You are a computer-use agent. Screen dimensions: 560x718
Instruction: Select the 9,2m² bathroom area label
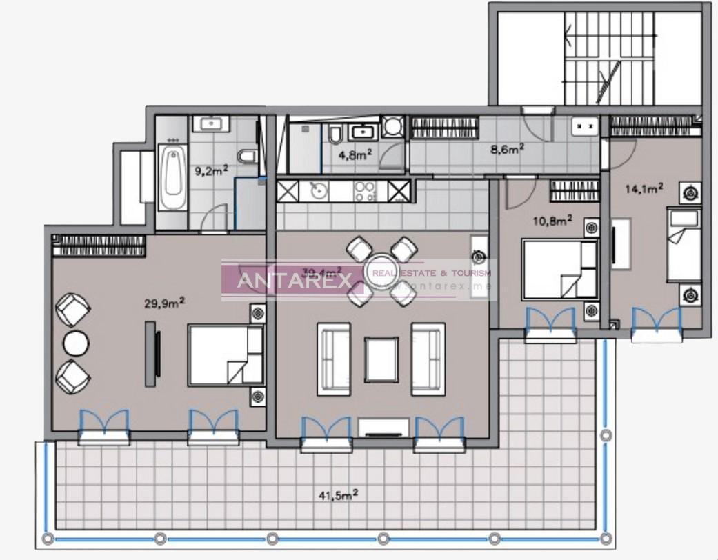211,170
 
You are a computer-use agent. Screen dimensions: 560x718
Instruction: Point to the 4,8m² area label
356,154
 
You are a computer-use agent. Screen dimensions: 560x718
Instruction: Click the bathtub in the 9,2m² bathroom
172,177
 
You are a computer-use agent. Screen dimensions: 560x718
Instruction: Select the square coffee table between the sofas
381,359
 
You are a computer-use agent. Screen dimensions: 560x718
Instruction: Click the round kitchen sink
319,191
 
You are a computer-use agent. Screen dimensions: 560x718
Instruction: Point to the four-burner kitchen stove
365,191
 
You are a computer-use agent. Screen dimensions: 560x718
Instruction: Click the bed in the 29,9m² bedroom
226,354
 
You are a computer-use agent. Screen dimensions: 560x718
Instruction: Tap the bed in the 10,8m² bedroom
559,269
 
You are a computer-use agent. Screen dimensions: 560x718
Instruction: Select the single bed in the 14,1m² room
684,245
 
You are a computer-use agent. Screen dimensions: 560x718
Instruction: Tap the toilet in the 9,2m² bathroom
247,157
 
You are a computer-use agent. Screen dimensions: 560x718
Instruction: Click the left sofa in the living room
334,359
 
